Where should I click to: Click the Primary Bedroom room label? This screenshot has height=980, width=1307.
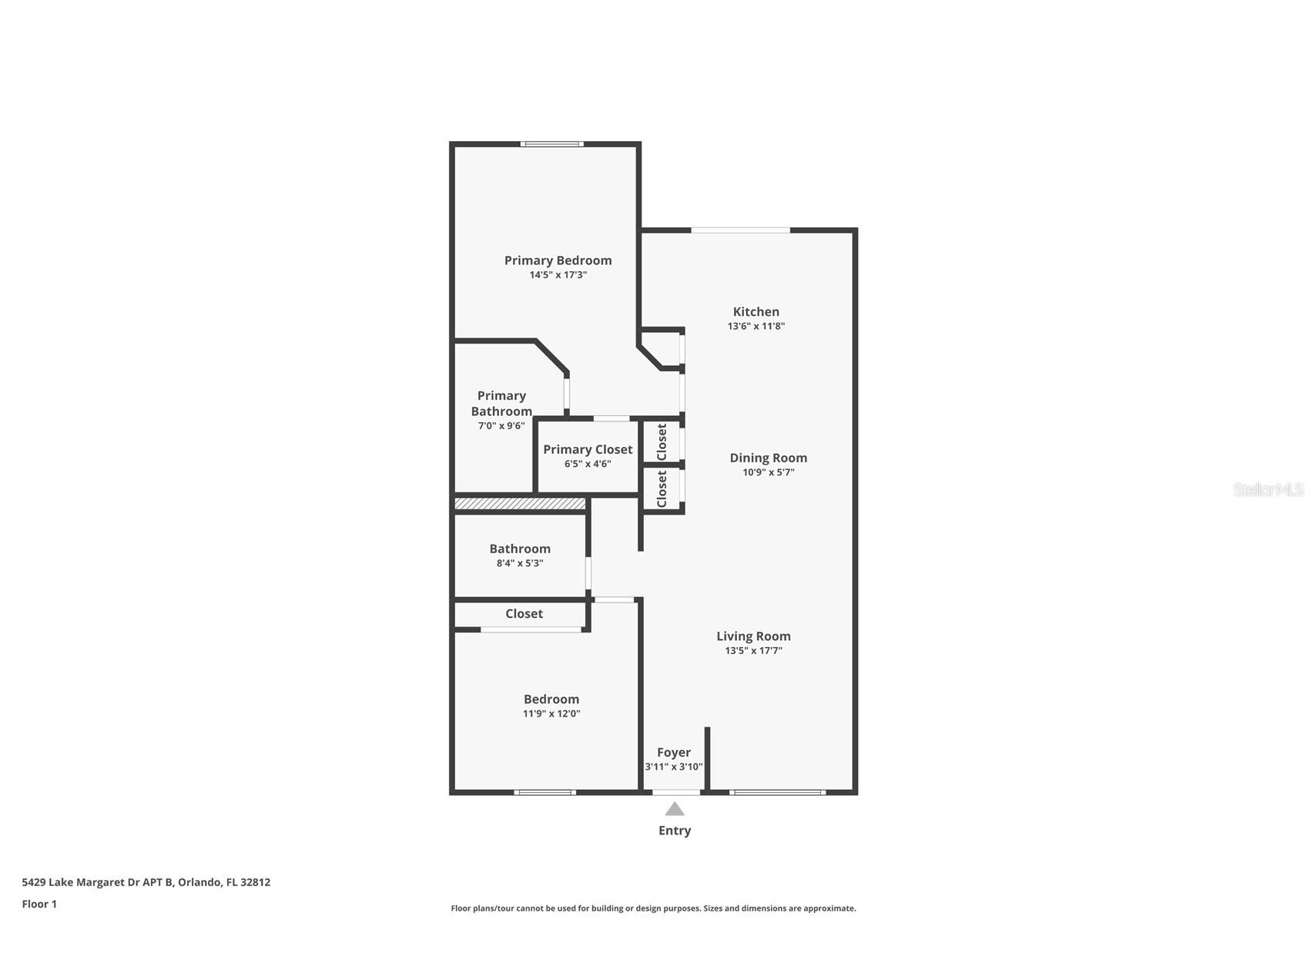coord(558,260)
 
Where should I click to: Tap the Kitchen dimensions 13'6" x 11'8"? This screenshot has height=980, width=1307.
coord(756,326)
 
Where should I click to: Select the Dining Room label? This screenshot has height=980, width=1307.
coord(768,458)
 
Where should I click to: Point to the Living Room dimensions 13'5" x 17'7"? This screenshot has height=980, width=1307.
coord(753,650)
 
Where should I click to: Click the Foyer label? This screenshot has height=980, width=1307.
coord(673,753)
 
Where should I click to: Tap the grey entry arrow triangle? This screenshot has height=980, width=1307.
coord(675,809)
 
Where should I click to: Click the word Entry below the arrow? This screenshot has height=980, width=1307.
coord(674,831)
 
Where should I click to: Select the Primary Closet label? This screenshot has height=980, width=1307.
coord(588,449)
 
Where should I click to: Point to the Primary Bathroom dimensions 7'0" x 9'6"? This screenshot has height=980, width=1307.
coord(501,425)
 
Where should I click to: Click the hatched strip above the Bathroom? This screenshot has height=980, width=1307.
coord(520,504)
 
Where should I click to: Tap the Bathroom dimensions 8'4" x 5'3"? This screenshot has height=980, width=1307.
coord(520,563)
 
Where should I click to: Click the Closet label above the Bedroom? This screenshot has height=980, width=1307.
coord(524,614)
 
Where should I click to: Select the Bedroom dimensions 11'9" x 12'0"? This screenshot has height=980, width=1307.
coord(551,713)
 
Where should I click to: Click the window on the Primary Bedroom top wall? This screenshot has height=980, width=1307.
coord(551,144)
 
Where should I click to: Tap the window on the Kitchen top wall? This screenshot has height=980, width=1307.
coord(740,230)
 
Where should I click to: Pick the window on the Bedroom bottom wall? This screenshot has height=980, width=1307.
coord(545,792)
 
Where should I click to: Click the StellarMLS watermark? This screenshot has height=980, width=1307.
coord(1268,490)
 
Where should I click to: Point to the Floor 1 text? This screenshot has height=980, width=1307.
coord(39,904)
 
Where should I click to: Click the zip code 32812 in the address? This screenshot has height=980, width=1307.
coord(255,883)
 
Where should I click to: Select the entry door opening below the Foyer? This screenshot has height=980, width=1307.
coord(677,792)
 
